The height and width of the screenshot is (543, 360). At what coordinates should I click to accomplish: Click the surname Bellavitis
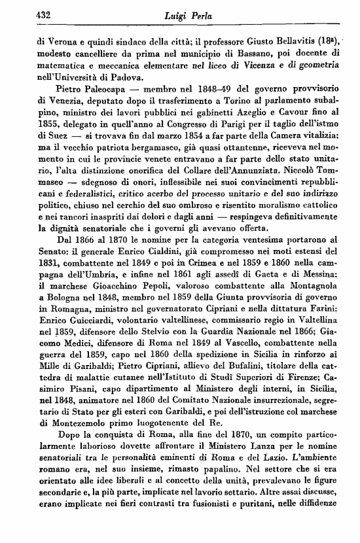click(x=295, y=39)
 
